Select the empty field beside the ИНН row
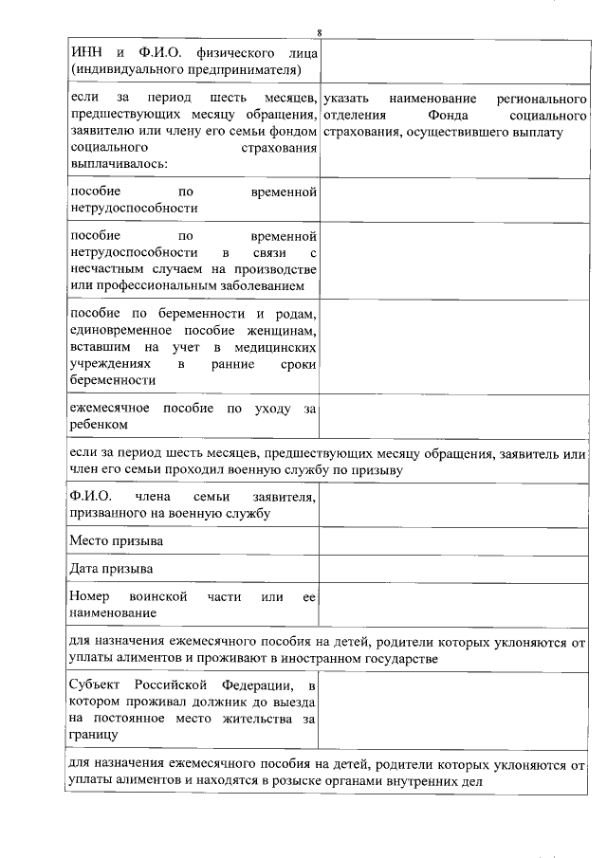[x=453, y=61]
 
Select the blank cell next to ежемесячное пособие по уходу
[x=453, y=417]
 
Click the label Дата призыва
[x=112, y=569]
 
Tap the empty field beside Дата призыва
[x=453, y=569]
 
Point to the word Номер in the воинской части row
[x=91, y=596]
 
